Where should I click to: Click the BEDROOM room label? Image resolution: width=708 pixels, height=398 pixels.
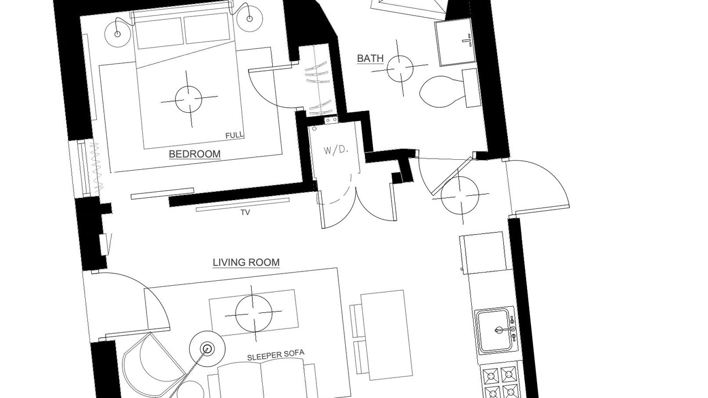click(x=195, y=154)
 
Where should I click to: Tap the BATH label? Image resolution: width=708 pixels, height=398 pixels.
click(x=370, y=59)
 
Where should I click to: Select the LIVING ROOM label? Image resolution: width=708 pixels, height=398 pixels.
click(x=246, y=263)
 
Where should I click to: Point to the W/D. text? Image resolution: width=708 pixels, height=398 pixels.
click(x=336, y=150)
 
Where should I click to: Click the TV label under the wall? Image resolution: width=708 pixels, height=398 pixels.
click(x=245, y=213)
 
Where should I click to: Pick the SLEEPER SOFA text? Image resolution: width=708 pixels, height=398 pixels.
click(x=275, y=355)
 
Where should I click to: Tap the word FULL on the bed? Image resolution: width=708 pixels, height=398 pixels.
click(x=235, y=135)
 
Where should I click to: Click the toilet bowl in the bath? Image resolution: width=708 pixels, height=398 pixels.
click(x=442, y=92)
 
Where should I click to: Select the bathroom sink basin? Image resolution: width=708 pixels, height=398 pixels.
click(x=455, y=43)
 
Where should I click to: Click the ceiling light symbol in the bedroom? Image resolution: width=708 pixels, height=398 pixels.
click(x=189, y=99)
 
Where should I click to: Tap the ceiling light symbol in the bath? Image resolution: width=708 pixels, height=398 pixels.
click(x=400, y=68)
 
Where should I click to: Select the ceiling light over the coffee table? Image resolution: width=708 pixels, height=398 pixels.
click(x=253, y=313)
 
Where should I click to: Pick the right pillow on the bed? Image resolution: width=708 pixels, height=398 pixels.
click(x=207, y=28)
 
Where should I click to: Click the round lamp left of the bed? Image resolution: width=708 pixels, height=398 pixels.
click(x=118, y=33)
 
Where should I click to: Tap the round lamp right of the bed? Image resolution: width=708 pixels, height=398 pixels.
click(x=249, y=18)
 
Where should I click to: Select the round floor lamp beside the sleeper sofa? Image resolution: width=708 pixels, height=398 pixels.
click(x=207, y=349)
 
